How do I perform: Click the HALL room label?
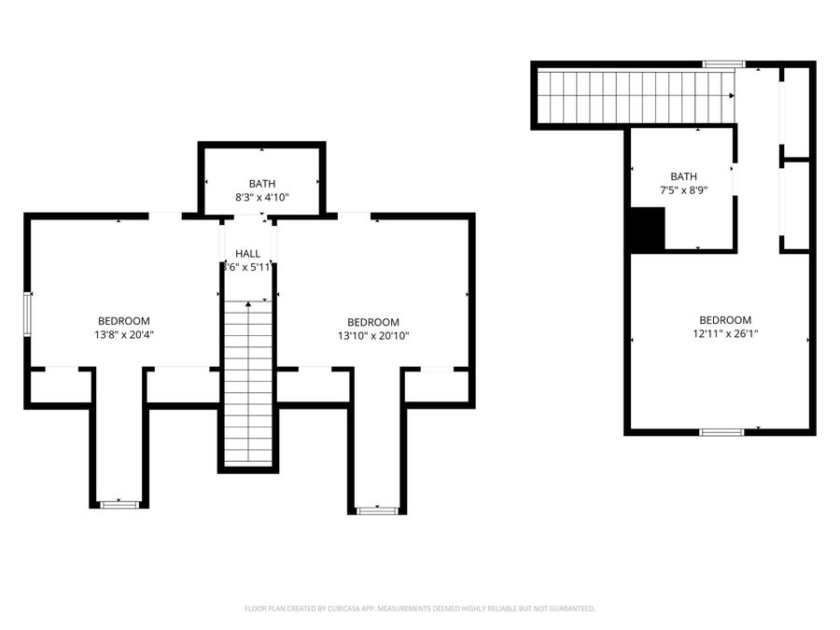tap(248, 253)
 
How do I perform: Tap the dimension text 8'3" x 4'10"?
tap(261, 197)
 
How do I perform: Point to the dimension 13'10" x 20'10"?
tap(373, 336)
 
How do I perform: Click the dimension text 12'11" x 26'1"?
tap(725, 333)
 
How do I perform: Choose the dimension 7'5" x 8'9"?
tap(683, 190)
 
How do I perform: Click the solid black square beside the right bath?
tap(646, 230)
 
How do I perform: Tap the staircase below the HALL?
tap(248, 383)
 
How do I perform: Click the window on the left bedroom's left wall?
tap(28, 314)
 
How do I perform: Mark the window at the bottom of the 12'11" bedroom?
tap(721, 431)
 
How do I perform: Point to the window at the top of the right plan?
tap(723, 63)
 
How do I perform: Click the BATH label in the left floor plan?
tap(261, 184)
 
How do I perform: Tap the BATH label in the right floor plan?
tap(683, 176)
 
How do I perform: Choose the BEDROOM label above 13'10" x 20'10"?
tap(373, 322)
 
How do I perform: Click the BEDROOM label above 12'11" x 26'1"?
tap(725, 319)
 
